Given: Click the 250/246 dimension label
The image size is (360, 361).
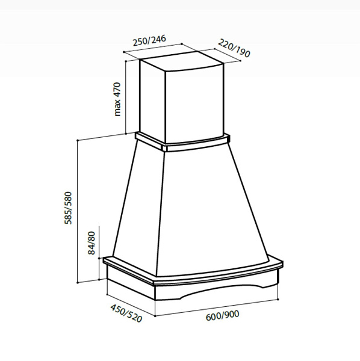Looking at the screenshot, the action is (149, 40).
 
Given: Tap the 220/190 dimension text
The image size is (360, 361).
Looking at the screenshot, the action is (234, 48).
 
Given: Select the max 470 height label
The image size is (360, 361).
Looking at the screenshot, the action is (117, 99).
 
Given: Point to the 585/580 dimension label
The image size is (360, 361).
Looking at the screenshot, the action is (68, 208).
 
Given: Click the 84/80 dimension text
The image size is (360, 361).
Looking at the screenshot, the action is (92, 243).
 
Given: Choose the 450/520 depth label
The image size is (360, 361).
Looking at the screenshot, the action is (126, 313).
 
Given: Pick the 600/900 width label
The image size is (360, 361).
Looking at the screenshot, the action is (223, 315).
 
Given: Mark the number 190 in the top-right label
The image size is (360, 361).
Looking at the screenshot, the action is (243, 53).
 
